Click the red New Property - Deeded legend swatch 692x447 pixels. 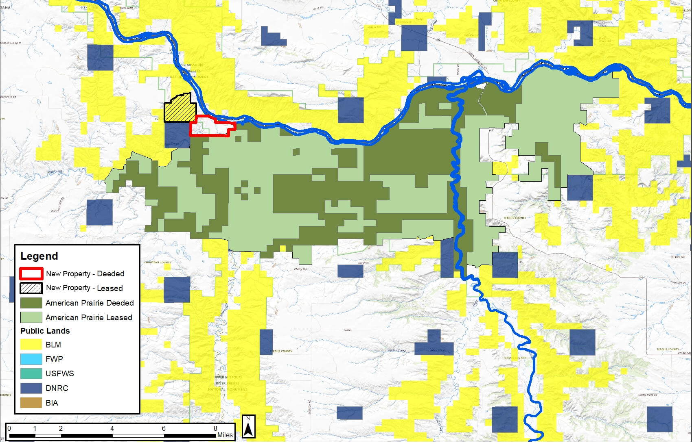31,273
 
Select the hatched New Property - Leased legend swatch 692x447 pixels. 31,288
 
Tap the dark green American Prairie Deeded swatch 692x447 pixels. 31,303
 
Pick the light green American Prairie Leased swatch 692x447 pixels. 31,317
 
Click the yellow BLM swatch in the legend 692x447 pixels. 31,345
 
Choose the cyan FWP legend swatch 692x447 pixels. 31,359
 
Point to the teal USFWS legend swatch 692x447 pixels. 31,373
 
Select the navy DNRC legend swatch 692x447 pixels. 31,388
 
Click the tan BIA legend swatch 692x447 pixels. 31,403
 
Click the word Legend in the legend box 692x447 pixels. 39,256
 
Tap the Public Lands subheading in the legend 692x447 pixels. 45,331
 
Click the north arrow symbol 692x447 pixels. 249,427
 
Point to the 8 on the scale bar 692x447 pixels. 216,428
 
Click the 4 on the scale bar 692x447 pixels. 112,428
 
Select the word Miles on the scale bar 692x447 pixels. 225,435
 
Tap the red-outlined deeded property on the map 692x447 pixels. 212,127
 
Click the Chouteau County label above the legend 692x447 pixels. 157,263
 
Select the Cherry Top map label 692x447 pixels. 300,269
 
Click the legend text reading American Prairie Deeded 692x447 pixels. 90,303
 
